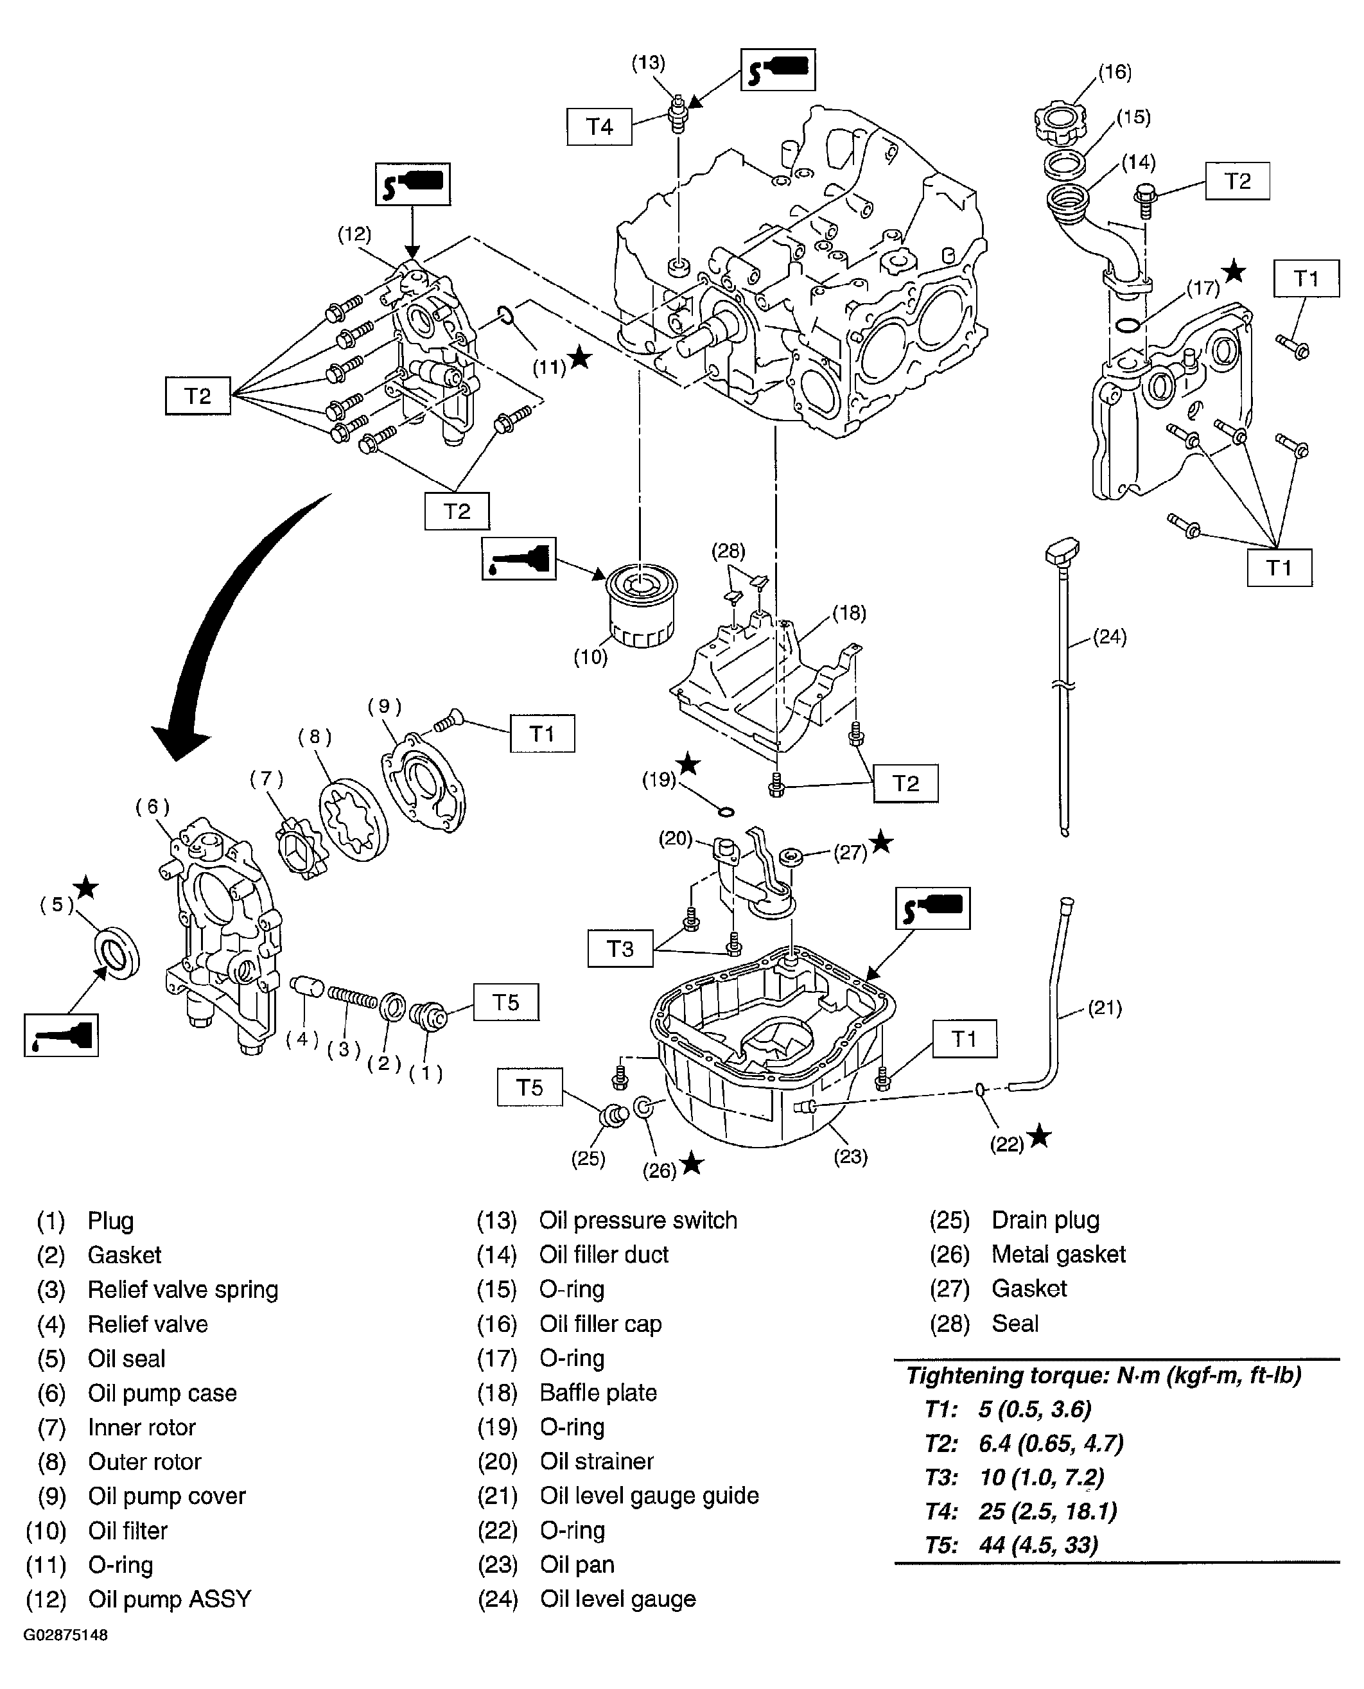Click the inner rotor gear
pyautogui.click(x=302, y=849)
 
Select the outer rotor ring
pyautogui.click(x=354, y=821)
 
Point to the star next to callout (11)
pyautogui.click(x=580, y=358)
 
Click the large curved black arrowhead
pyautogui.click(x=182, y=738)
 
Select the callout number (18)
pyautogui.click(x=848, y=612)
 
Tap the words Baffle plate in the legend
pyautogui.click(x=598, y=1393)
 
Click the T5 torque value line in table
pyautogui.click(x=1011, y=1545)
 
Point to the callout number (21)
pyautogui.click(x=1104, y=1008)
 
